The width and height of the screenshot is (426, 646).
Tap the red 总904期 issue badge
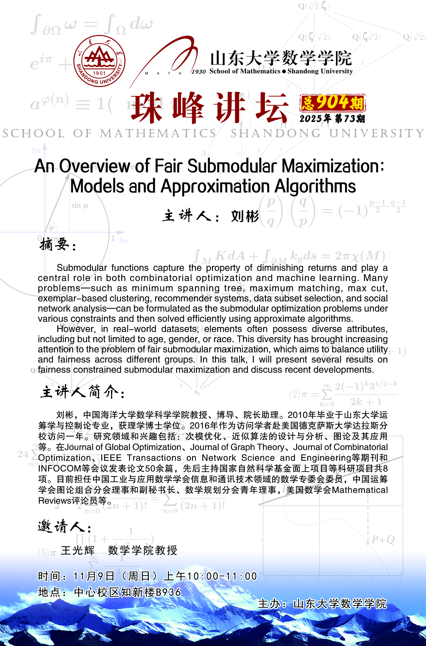(332, 103)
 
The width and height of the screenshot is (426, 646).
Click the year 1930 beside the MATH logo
(199, 72)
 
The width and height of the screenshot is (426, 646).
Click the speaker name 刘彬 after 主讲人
(245, 216)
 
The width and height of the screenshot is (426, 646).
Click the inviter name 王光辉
(78, 550)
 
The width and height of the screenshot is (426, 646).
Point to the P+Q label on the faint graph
(383, 539)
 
